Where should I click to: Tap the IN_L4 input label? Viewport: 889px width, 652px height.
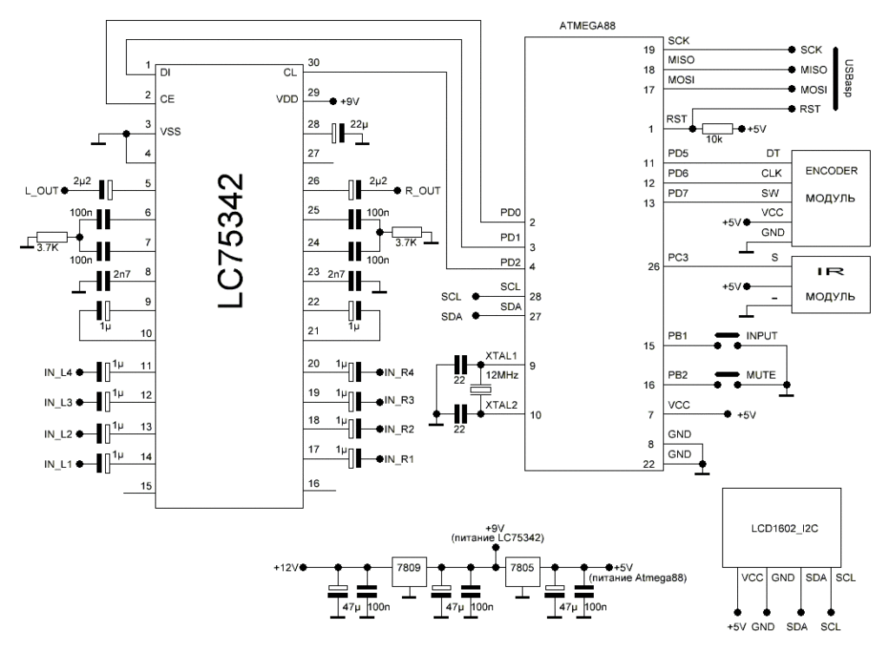[58, 372]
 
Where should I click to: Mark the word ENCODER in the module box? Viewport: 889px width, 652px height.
[831, 169]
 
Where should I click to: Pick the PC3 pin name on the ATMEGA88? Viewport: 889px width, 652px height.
[677, 258]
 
